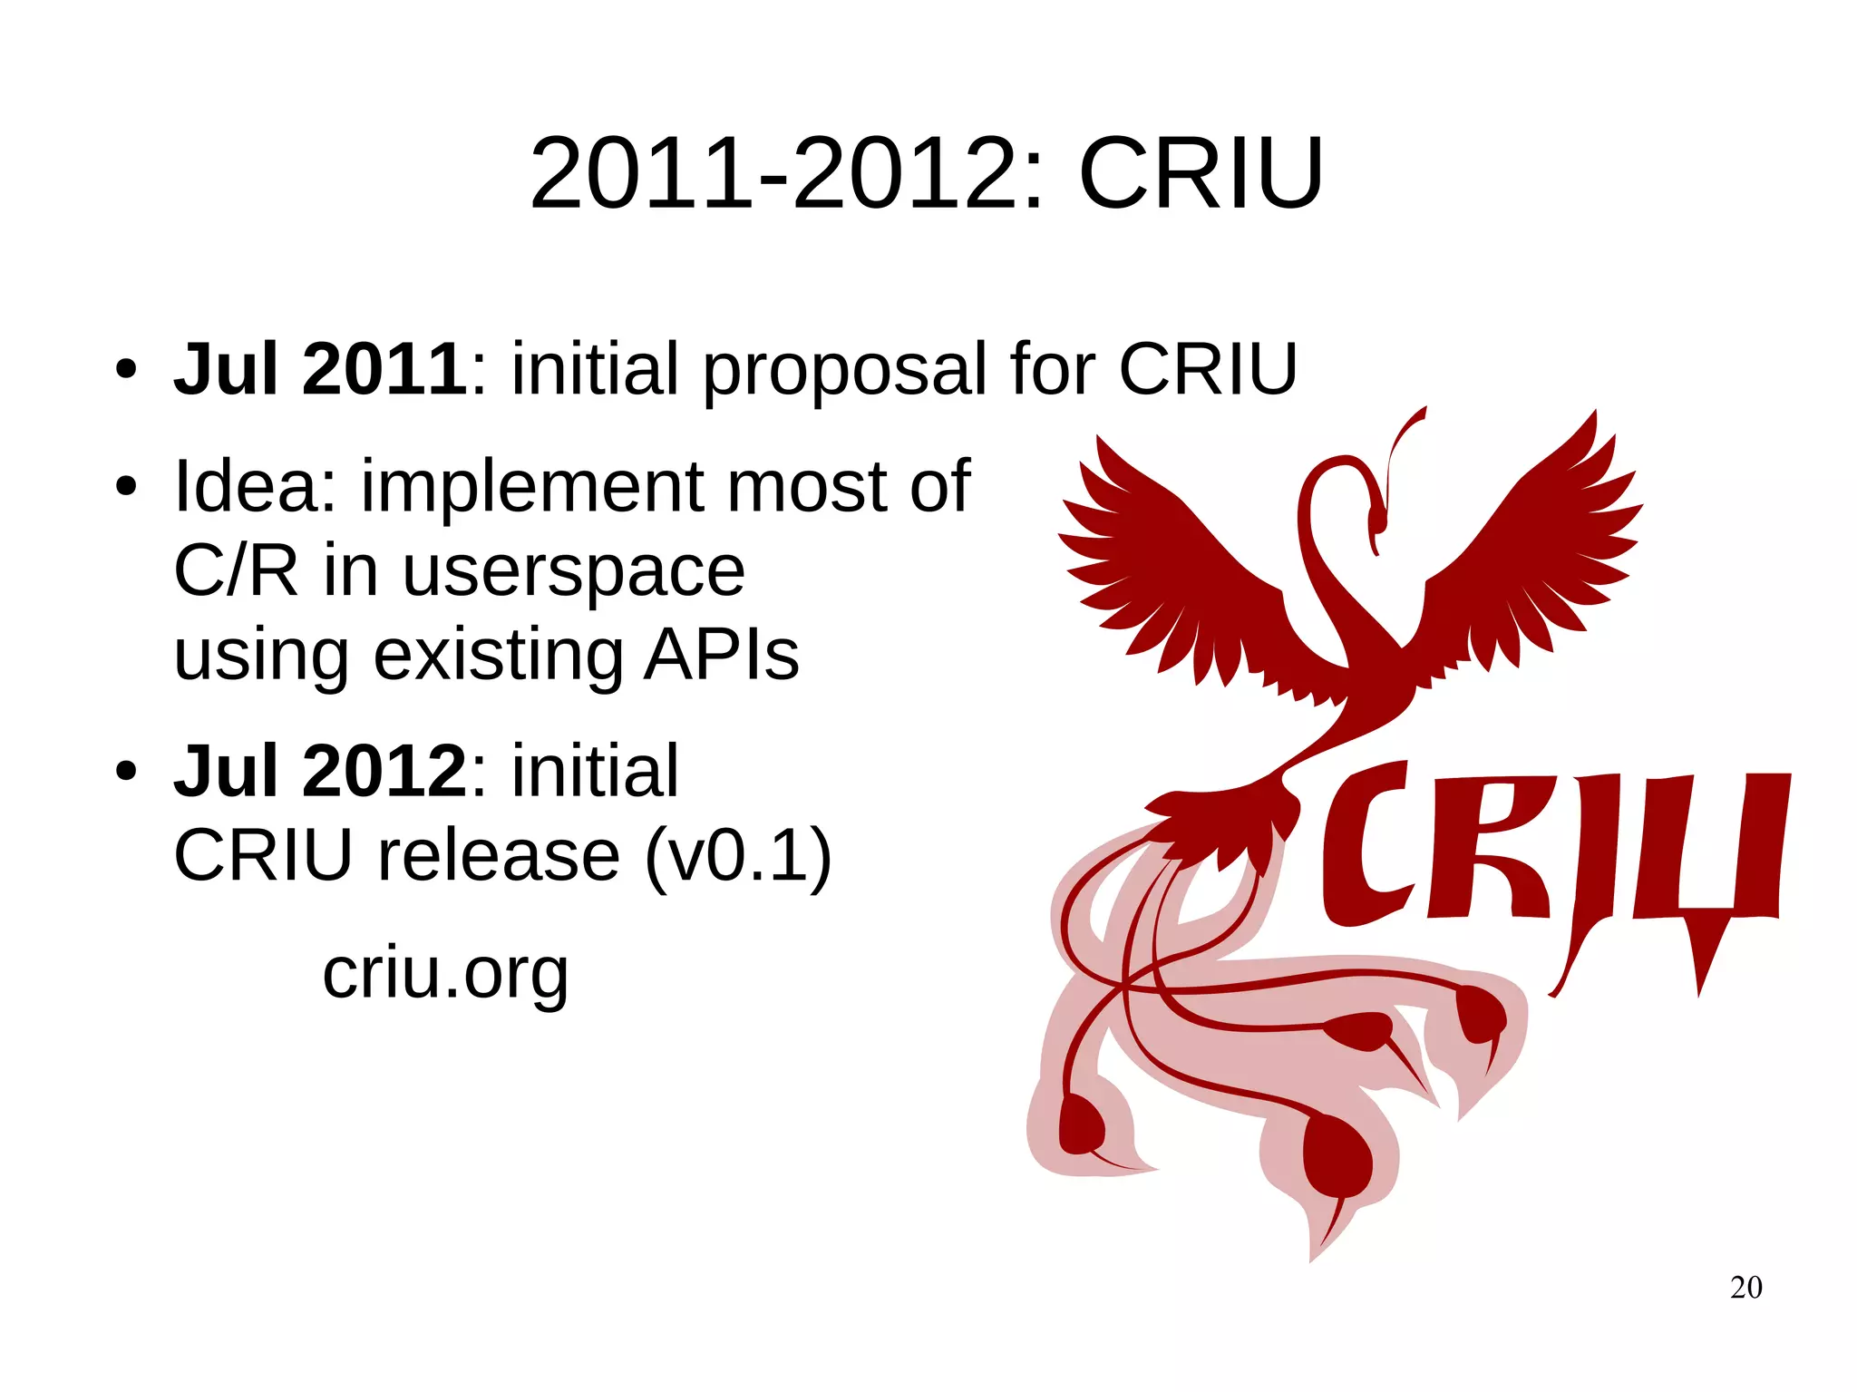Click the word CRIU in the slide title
pyautogui.click(x=1201, y=173)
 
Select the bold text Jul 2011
pyautogui.click(x=320, y=369)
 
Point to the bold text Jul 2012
pyautogui.click(x=320, y=771)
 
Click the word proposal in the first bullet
pyautogui.click(x=843, y=371)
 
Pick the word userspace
pyautogui.click(x=573, y=573)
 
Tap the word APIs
pyautogui.click(x=722, y=655)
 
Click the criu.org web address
pyautogui.click(x=445, y=974)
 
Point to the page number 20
pyautogui.click(x=1745, y=1288)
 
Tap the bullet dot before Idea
pyautogui.click(x=126, y=487)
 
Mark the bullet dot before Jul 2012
pyautogui.click(x=126, y=772)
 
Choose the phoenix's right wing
pyautogui.click(x=1532, y=553)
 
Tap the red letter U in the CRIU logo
pyautogui.click(x=1714, y=852)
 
